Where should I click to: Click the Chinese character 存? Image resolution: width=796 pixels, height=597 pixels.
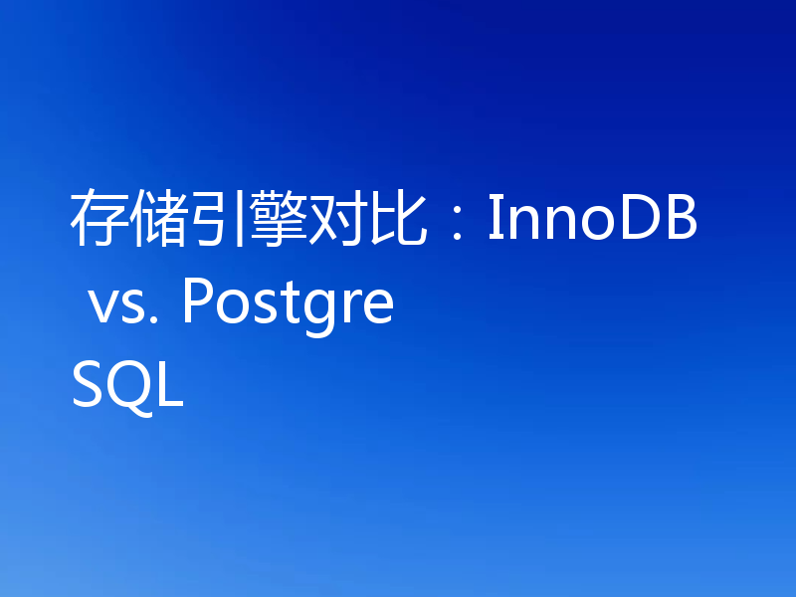pos(97,221)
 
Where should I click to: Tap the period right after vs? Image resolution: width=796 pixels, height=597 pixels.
pos(155,321)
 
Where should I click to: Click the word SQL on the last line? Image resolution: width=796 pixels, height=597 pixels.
pos(127,386)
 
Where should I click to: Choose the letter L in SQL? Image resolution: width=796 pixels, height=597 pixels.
pos(171,386)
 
